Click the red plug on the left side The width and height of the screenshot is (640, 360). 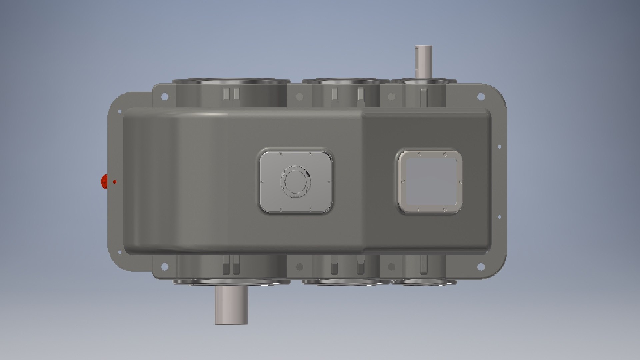pos(104,182)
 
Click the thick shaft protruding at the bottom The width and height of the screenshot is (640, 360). pos(231,305)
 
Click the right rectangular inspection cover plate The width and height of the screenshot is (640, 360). pos(430,182)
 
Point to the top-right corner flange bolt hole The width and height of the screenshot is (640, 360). pos(480,97)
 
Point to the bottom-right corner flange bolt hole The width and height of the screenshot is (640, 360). pos(480,266)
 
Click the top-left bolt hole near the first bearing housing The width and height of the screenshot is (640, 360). pos(164,97)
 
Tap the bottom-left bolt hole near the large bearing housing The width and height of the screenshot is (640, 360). pos(164,266)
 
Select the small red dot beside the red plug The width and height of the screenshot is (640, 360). pos(114,182)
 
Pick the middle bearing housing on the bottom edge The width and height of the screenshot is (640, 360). pos(346,282)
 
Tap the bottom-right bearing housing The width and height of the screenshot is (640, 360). pos(423,282)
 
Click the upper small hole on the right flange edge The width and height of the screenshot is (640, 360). pos(499,147)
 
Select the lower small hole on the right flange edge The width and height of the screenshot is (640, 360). pos(499,217)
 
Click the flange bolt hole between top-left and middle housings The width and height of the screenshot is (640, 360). pos(299,97)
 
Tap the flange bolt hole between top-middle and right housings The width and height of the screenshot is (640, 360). pos(391,97)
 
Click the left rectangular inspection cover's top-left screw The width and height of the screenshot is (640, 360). pos(280,154)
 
